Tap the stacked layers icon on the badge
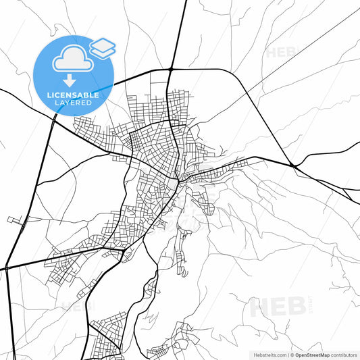pyautogui.click(x=103, y=47)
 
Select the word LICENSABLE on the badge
pyautogui.click(x=74, y=95)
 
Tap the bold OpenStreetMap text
pyautogui.click(x=317, y=354)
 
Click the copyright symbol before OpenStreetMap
pyautogui.click(x=291, y=354)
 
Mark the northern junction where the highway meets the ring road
pyautogui.click(x=172, y=69)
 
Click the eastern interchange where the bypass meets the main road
pyautogui.click(x=293, y=165)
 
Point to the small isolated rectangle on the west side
pyautogui.click(x=14, y=220)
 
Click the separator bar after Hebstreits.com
pyautogui.click(x=287, y=354)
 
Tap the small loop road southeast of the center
pyautogui.click(x=210, y=210)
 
